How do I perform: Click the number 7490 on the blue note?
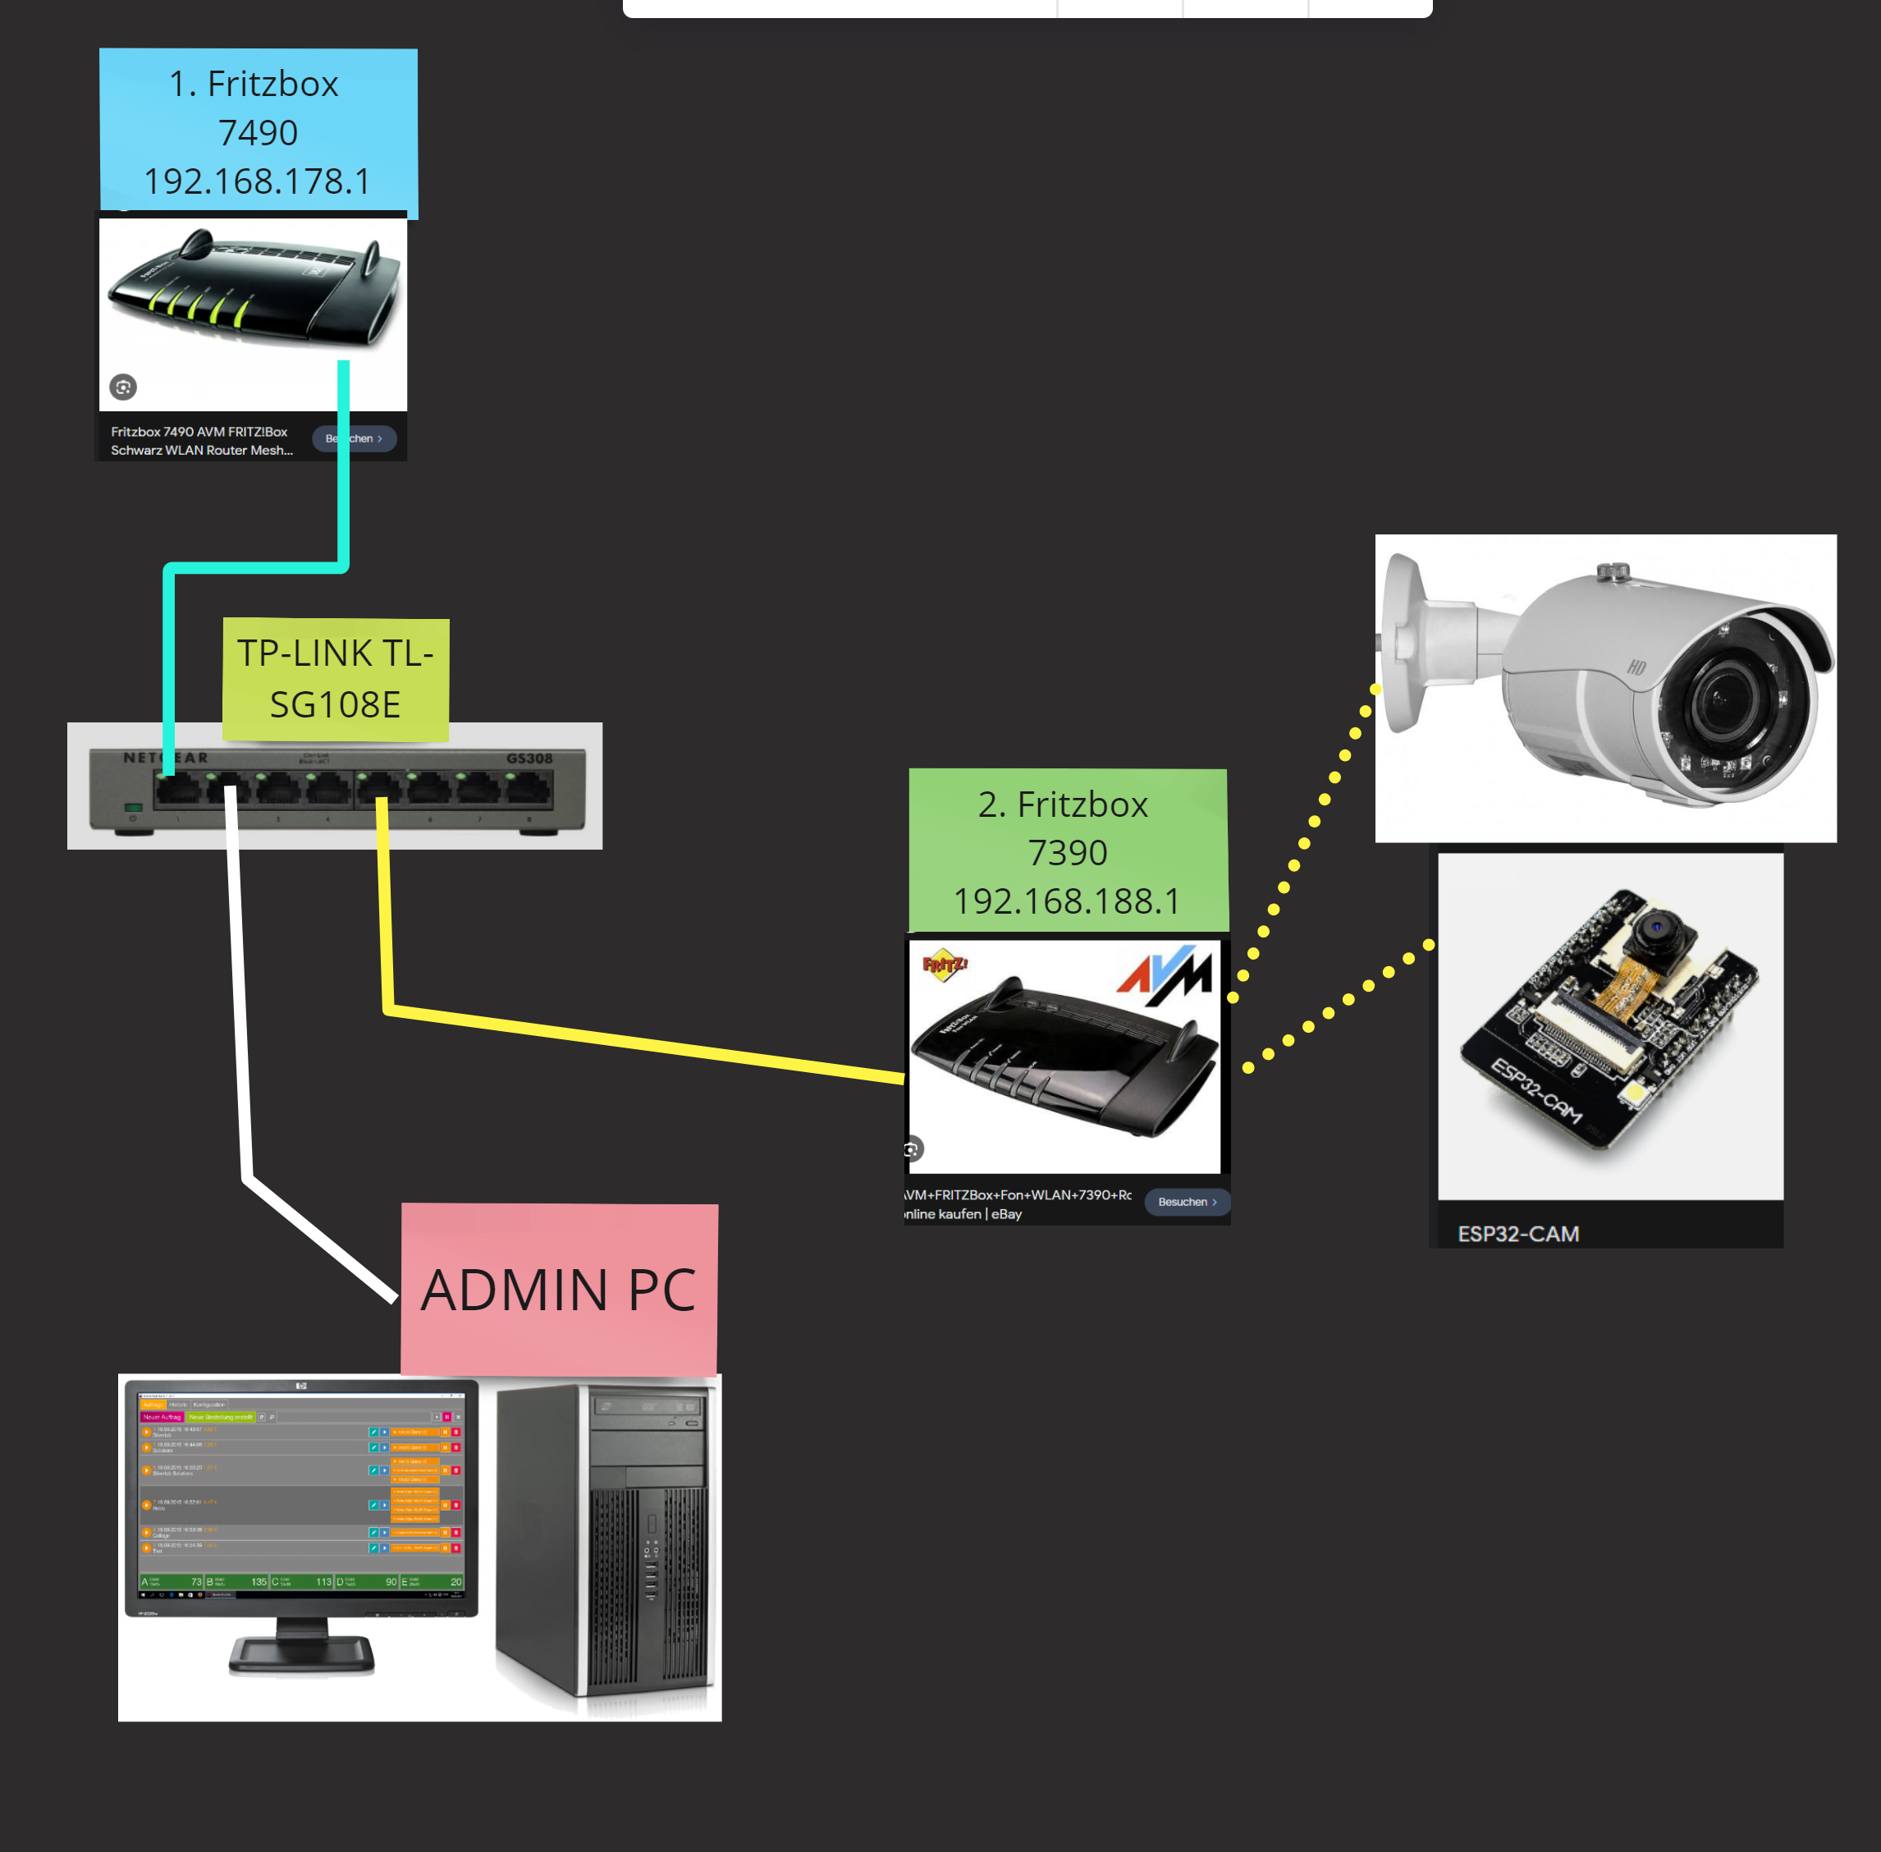(258, 132)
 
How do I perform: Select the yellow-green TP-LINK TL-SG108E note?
(336, 679)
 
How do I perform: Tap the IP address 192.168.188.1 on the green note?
(1067, 901)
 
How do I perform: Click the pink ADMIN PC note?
(559, 1290)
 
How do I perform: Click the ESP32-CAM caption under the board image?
(1518, 1233)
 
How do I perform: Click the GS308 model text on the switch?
(529, 759)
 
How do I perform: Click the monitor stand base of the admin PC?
(301, 1653)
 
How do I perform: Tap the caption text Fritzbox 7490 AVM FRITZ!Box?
(199, 432)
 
